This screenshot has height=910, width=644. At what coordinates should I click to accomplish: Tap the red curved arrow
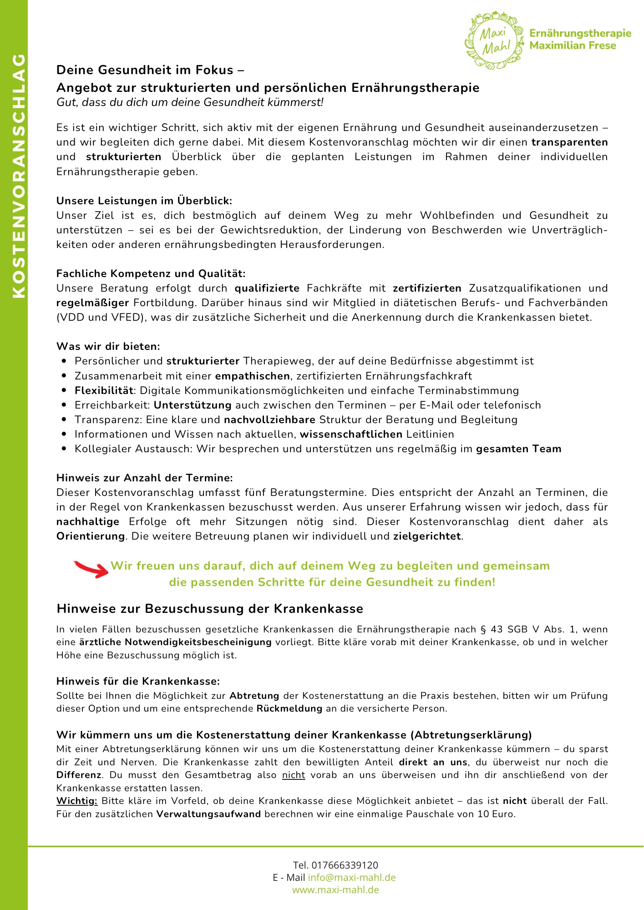(91, 569)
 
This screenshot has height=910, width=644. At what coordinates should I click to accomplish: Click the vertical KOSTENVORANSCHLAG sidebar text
(18, 177)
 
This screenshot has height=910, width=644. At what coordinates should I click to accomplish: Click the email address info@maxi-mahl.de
(351, 877)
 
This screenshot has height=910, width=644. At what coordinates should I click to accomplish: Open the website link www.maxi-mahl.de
(335, 890)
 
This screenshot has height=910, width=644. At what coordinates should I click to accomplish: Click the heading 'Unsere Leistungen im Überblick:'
(144, 201)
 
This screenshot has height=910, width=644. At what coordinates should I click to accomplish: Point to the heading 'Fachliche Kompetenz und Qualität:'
(151, 273)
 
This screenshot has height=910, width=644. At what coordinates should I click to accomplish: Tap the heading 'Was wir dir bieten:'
(108, 346)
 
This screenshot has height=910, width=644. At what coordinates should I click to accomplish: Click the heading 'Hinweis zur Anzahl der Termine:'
(144, 478)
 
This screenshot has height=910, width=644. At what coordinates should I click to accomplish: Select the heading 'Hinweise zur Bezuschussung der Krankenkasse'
(210, 609)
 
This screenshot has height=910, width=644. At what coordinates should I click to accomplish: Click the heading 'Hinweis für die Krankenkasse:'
(138, 681)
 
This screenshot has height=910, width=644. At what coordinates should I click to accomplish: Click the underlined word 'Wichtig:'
(76, 801)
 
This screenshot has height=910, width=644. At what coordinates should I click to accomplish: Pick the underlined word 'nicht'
(294, 775)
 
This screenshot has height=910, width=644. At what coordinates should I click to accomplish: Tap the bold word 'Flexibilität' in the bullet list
(104, 390)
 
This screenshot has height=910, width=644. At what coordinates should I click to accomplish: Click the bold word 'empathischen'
(252, 376)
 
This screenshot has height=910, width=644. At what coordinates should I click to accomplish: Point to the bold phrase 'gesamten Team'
(518, 449)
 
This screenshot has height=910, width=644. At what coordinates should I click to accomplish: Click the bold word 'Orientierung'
(90, 536)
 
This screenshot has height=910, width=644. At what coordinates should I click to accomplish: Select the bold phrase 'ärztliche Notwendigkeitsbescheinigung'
(175, 642)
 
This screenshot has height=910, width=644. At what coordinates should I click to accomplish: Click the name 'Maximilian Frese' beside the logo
(573, 45)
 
